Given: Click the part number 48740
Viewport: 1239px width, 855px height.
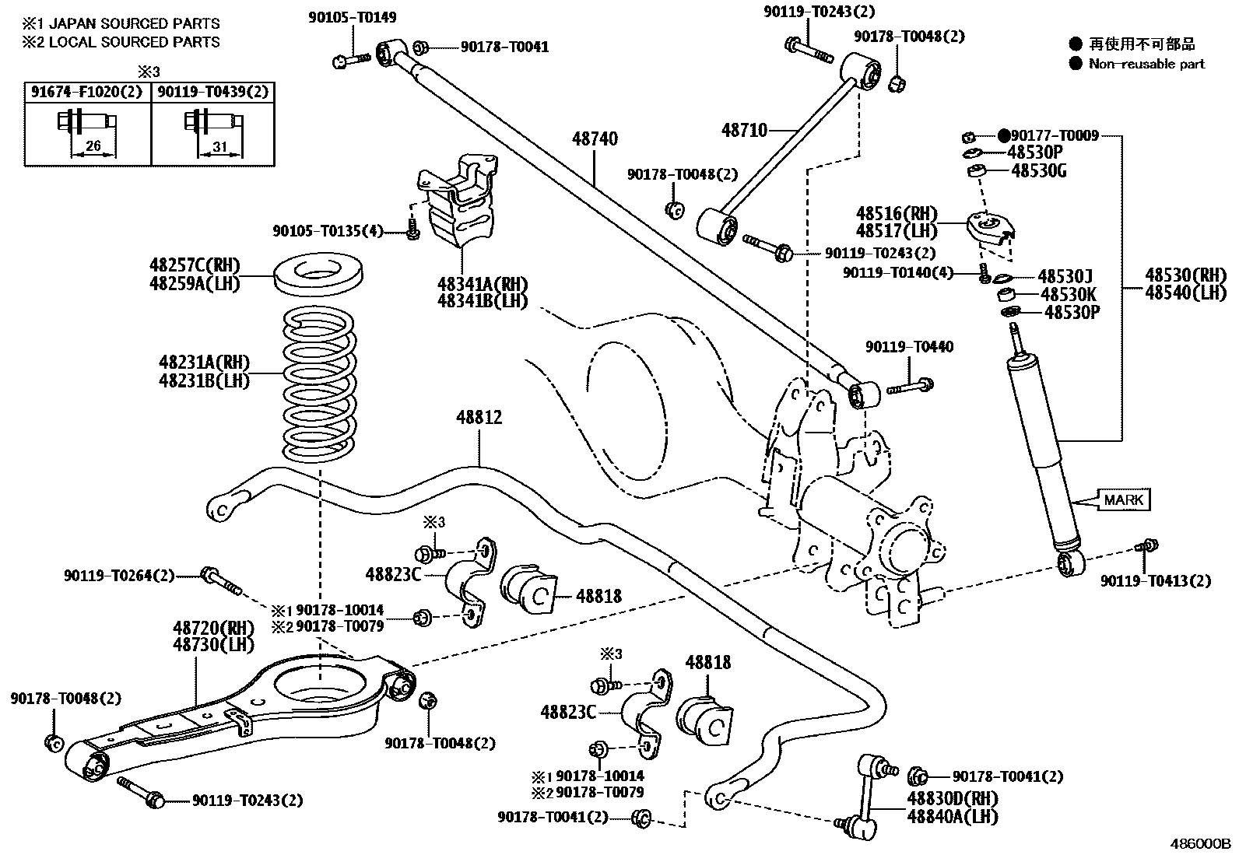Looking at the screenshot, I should click(x=595, y=139).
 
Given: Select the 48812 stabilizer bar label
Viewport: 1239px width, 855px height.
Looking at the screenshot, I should click(x=479, y=418).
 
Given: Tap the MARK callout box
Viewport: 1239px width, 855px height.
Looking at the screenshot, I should click(x=1123, y=499).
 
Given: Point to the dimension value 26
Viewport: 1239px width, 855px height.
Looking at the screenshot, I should click(x=93, y=146).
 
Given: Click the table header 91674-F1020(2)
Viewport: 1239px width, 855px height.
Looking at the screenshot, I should click(x=86, y=93).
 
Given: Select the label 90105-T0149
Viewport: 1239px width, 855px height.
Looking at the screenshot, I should click(x=352, y=18).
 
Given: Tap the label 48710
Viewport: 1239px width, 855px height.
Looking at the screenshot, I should click(x=744, y=131).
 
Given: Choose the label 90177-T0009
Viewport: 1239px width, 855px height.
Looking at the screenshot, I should click(x=1054, y=136).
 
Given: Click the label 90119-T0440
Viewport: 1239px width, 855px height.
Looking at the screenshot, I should click(x=908, y=347).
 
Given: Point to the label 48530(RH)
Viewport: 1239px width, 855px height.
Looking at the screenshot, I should click(x=1185, y=275).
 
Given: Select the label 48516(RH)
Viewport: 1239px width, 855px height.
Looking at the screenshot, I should click(x=897, y=214).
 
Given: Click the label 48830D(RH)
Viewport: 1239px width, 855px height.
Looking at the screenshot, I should click(x=952, y=799).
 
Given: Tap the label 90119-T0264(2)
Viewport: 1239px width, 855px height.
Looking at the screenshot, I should click(x=119, y=576).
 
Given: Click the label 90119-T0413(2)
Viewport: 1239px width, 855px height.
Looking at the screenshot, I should click(x=1155, y=581).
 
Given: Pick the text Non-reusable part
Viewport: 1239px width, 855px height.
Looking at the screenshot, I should click(x=1146, y=64).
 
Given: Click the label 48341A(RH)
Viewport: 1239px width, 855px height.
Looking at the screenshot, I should click(x=482, y=284).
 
